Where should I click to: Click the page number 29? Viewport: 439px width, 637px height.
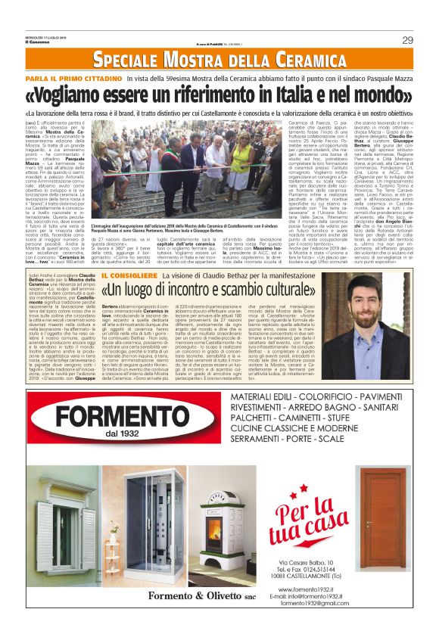(407, 39)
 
